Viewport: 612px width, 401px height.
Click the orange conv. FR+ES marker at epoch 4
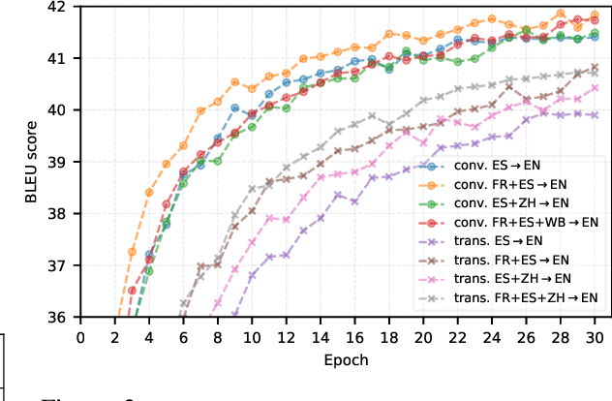(149, 192)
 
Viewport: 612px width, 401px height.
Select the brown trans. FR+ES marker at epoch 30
(595, 67)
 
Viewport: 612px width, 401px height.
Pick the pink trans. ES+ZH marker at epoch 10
(252, 242)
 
